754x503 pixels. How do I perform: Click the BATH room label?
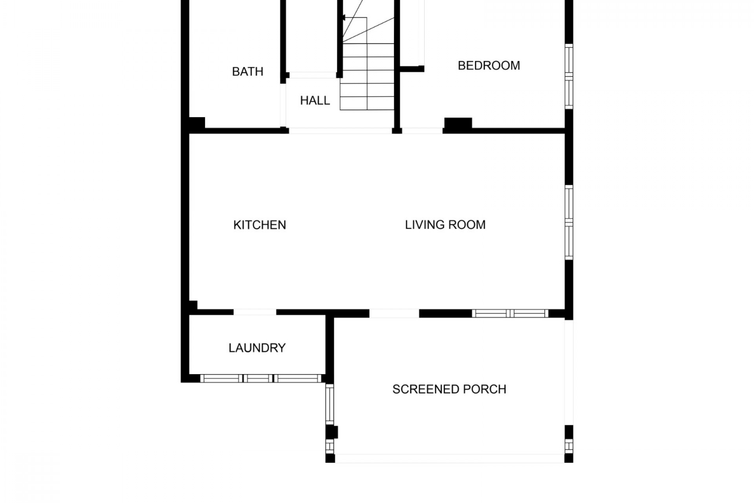(247, 72)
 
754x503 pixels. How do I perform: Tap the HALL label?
(315, 101)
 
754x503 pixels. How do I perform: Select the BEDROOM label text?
(489, 65)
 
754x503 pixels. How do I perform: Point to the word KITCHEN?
(260, 225)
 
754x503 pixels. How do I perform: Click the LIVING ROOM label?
(445, 225)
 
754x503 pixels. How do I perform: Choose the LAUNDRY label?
(257, 348)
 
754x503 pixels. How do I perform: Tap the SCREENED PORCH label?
(449, 389)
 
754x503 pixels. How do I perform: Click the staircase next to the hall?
(367, 55)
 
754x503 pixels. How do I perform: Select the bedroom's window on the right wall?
(569, 76)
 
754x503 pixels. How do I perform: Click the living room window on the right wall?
(569, 222)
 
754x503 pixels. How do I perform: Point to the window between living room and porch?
(510, 313)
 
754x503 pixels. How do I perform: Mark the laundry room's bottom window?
(261, 378)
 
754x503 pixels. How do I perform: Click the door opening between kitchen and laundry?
(255, 312)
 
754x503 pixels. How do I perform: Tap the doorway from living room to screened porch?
(394, 313)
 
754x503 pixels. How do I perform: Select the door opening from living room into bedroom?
(422, 131)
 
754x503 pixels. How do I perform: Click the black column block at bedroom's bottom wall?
(458, 123)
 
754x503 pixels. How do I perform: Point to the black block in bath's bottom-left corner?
(197, 123)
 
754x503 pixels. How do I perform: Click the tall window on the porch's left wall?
(329, 404)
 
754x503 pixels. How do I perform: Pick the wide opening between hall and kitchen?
(340, 131)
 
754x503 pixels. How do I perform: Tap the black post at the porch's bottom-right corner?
(569, 458)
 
